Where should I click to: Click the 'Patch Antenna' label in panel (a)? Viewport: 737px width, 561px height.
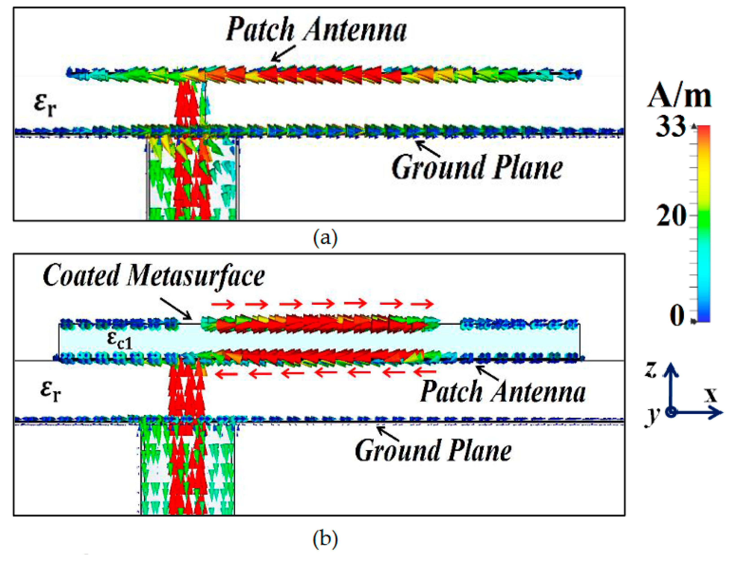tap(316, 30)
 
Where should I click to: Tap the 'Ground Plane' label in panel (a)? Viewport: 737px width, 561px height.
tap(477, 168)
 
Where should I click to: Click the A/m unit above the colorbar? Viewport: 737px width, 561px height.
tap(679, 97)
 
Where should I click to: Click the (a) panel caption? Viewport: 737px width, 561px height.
tap(325, 238)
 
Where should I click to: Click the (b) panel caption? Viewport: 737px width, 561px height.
tap(325, 539)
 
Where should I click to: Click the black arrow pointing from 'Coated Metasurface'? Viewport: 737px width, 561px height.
tap(175, 308)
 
